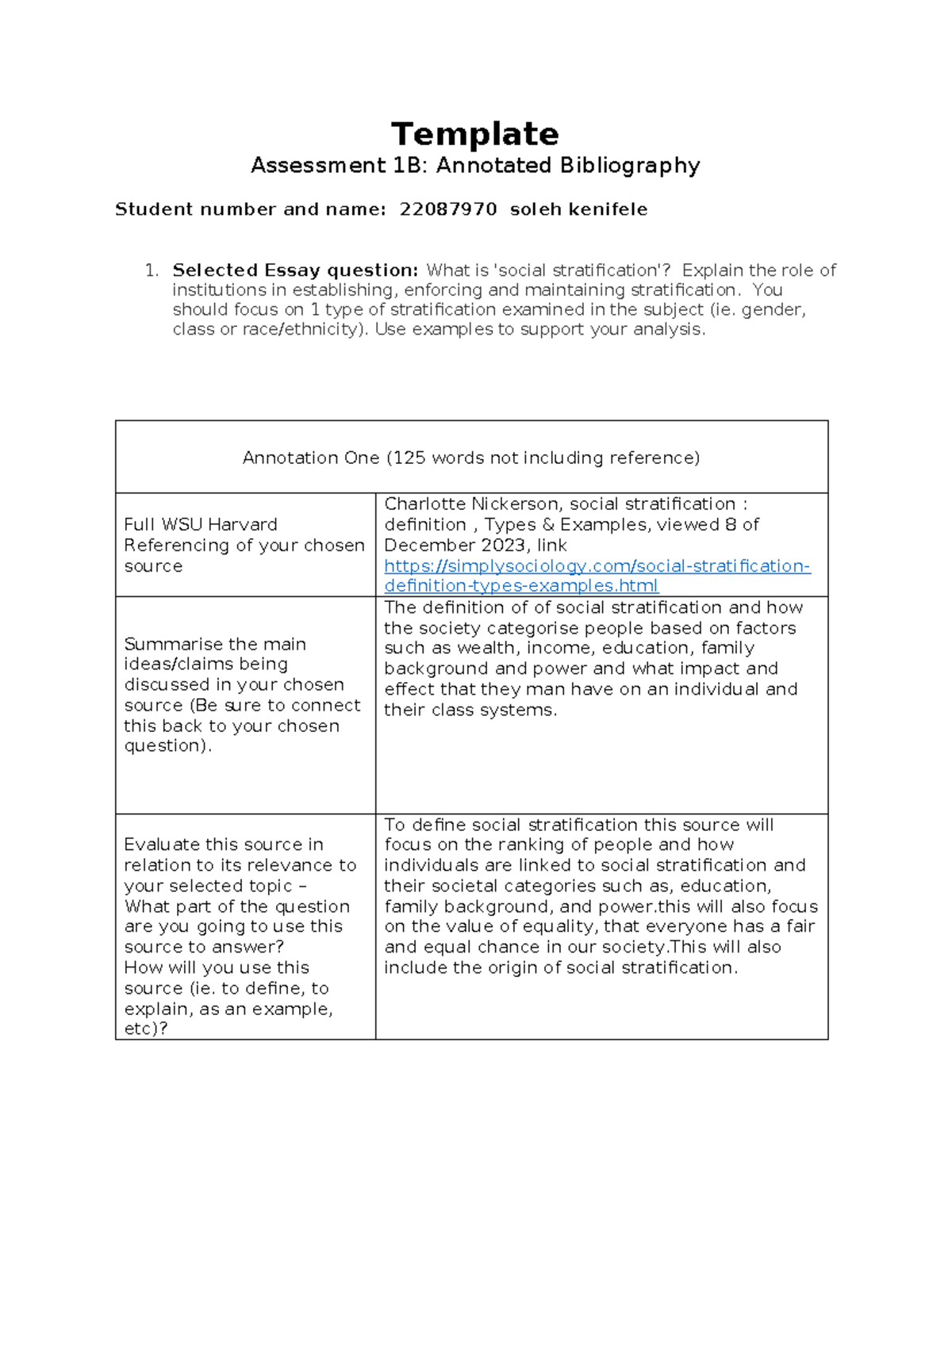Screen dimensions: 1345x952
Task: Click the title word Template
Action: [474, 134]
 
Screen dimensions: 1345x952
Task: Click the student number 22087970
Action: [448, 209]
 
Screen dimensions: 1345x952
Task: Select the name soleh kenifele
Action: [578, 209]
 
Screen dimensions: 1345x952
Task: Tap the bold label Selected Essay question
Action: [295, 270]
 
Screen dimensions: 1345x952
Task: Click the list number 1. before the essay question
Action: [152, 270]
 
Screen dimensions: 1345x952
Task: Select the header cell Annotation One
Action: [470, 458]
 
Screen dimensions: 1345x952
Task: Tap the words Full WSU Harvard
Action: [201, 525]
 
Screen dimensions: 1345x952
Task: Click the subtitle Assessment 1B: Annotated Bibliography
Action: [474, 166]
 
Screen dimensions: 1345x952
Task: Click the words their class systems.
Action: [470, 710]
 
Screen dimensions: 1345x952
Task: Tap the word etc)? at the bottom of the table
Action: [146, 1029]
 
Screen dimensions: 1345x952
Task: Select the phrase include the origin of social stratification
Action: [560, 968]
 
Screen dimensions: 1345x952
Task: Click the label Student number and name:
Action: [250, 209]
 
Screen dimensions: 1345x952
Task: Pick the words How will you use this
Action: [217, 968]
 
